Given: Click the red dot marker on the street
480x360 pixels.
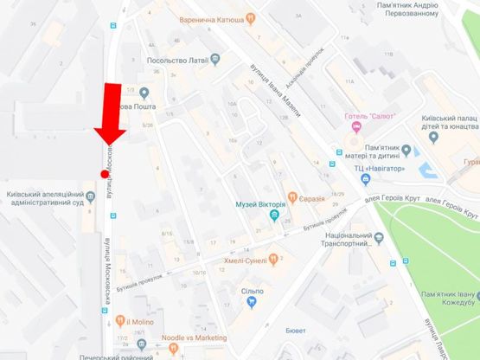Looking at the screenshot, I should (x=105, y=174).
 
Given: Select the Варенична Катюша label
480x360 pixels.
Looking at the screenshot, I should (x=211, y=16).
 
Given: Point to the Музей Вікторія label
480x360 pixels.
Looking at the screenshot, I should (x=260, y=205).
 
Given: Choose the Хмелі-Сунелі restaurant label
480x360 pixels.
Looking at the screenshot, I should (x=242, y=257).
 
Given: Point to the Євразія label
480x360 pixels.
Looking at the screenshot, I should (x=313, y=199).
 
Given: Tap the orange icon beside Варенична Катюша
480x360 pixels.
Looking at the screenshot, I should (x=252, y=16).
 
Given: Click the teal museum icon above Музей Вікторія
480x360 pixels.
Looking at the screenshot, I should (x=260, y=192).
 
